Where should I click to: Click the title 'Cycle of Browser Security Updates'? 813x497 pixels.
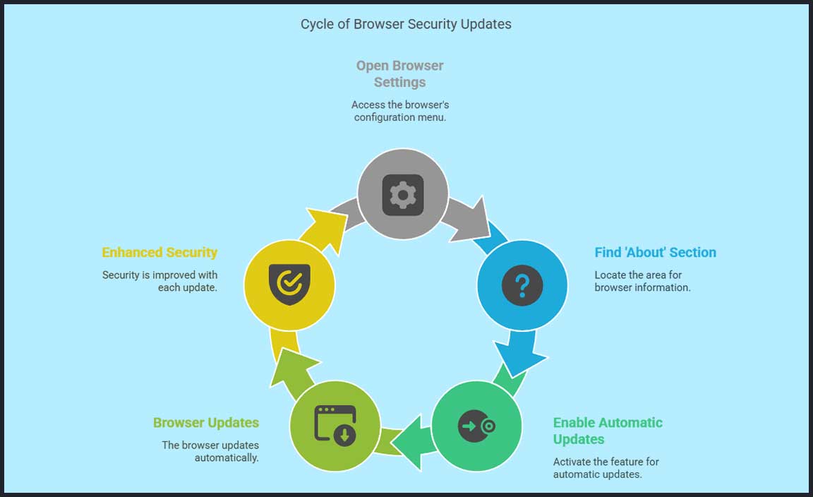(x=406, y=24)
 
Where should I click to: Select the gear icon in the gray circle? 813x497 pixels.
(x=403, y=194)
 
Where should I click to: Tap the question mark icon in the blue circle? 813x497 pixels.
(x=522, y=285)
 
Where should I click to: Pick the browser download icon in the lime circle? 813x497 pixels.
(x=335, y=426)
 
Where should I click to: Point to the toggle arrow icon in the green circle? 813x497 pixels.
(x=476, y=426)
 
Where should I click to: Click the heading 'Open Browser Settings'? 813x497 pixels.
(x=399, y=74)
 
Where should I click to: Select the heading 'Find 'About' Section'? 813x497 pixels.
(x=655, y=253)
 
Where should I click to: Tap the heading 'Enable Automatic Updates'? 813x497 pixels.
(x=608, y=431)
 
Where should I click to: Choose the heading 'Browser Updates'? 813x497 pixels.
(x=206, y=423)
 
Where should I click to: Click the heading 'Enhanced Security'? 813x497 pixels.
(x=159, y=253)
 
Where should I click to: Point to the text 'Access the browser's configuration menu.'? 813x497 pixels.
(x=399, y=111)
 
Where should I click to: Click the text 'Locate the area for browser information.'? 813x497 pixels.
(x=642, y=281)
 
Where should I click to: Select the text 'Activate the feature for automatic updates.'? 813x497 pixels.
(x=606, y=468)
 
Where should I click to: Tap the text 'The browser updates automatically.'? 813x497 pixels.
(x=210, y=452)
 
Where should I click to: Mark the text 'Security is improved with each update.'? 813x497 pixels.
(x=159, y=281)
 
